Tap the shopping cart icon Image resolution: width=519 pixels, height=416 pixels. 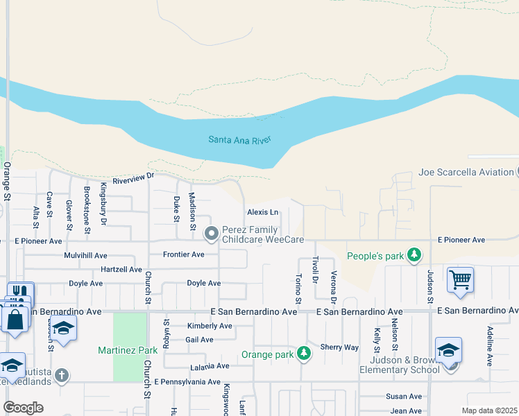pyautogui.click(x=460, y=280)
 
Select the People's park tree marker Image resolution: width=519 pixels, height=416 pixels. pyautogui.click(x=414, y=256)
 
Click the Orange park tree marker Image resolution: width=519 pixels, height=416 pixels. pyautogui.click(x=303, y=354)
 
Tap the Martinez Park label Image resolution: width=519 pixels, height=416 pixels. pyautogui.click(x=127, y=349)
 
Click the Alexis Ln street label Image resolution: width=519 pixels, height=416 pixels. pyautogui.click(x=262, y=212)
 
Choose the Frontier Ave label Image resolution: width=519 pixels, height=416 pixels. pyautogui.click(x=183, y=254)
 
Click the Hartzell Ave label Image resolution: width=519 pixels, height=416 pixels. pyautogui.click(x=121, y=269)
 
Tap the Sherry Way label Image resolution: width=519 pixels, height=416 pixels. pyautogui.click(x=339, y=347)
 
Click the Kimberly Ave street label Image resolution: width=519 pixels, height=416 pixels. pyautogui.click(x=210, y=326)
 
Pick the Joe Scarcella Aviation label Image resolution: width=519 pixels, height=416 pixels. pyautogui.click(x=465, y=172)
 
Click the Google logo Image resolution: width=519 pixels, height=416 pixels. pyautogui.click(x=23, y=408)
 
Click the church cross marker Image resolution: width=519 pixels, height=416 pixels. pyautogui.click(x=62, y=376)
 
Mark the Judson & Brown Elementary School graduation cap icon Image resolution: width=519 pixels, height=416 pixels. pyautogui.click(x=448, y=350)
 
